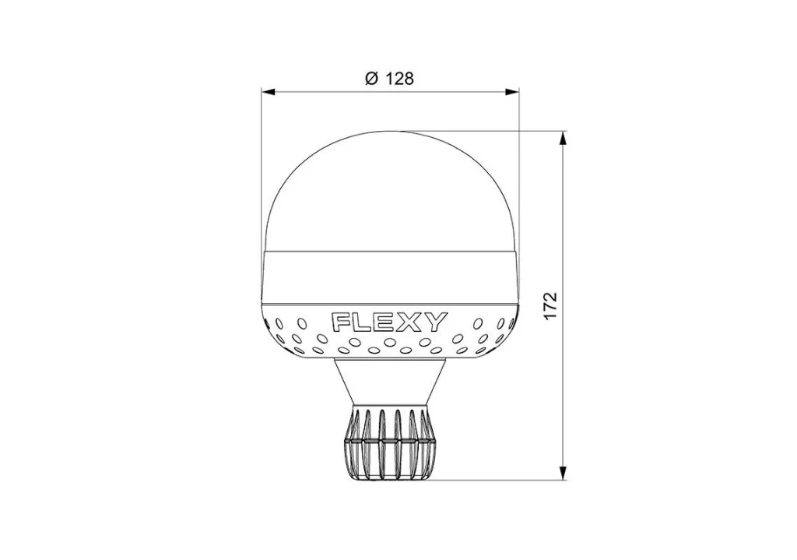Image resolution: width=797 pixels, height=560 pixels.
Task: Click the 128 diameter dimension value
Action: click(399, 79)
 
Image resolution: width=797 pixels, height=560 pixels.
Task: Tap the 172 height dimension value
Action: click(551, 305)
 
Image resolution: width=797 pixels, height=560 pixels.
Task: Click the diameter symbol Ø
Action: click(371, 79)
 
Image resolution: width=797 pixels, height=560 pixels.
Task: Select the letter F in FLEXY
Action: click(341, 322)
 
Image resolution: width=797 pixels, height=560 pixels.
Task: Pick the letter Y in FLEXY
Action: click(436, 322)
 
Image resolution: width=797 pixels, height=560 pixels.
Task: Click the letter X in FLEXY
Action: click(411, 322)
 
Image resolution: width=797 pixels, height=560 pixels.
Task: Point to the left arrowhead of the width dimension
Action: click(268, 92)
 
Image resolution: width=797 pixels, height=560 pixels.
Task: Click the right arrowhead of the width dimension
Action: click(512, 92)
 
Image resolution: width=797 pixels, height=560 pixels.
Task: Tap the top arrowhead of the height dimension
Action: click(563, 138)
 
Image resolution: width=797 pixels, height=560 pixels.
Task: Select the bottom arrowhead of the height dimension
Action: click(563, 473)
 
